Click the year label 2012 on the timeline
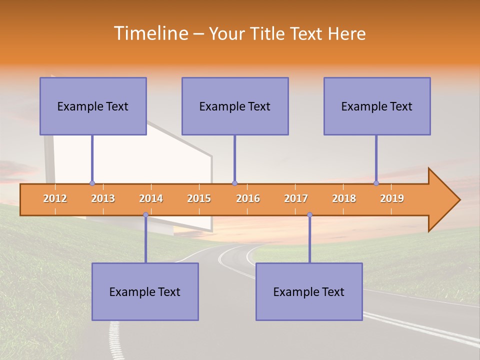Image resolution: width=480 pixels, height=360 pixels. click(x=55, y=198)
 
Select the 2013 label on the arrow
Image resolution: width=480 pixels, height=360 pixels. click(x=103, y=198)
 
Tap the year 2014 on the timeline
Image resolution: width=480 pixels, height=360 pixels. click(x=151, y=198)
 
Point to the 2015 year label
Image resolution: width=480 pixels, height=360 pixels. click(x=199, y=198)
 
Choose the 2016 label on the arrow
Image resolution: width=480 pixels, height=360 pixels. click(x=248, y=198)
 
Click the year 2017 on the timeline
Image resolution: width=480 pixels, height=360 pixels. click(x=296, y=198)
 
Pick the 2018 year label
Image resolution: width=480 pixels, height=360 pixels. click(x=344, y=198)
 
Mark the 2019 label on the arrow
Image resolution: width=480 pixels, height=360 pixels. click(x=392, y=198)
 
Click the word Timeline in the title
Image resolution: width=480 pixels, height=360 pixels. click(x=150, y=33)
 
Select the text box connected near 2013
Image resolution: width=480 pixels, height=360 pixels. click(x=93, y=106)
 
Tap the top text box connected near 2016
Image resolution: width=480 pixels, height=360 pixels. click(x=235, y=106)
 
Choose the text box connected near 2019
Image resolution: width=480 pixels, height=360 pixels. click(x=377, y=106)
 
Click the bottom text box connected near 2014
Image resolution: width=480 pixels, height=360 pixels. click(x=145, y=291)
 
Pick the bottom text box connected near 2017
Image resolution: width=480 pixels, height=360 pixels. click(x=309, y=291)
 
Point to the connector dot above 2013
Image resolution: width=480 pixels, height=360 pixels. click(x=92, y=183)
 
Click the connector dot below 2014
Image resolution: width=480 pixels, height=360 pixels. click(x=145, y=215)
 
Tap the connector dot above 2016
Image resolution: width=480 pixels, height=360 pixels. click(x=234, y=183)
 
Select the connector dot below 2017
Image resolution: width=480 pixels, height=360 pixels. click(x=309, y=215)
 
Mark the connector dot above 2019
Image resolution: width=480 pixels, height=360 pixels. click(x=376, y=183)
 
